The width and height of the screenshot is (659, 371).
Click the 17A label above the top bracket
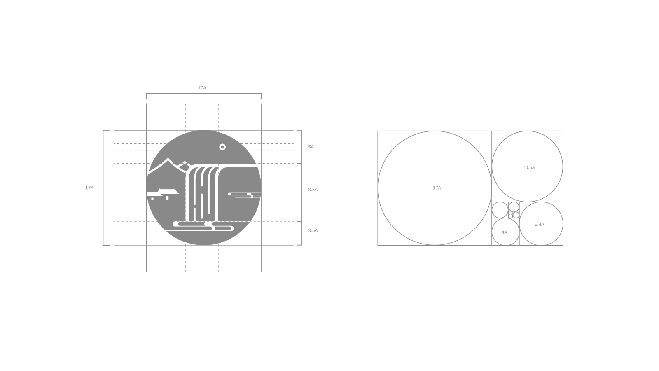[x=202, y=88]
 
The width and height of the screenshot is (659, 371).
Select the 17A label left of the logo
[x=89, y=188]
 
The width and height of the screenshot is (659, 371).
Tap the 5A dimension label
[x=311, y=147]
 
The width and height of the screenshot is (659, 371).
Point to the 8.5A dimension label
[x=313, y=190]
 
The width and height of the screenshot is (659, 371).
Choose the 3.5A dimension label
[x=313, y=230]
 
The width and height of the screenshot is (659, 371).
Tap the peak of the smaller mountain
[x=185, y=162]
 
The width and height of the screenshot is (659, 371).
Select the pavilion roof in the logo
[x=168, y=192]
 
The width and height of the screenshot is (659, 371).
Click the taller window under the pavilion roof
[x=167, y=198]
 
